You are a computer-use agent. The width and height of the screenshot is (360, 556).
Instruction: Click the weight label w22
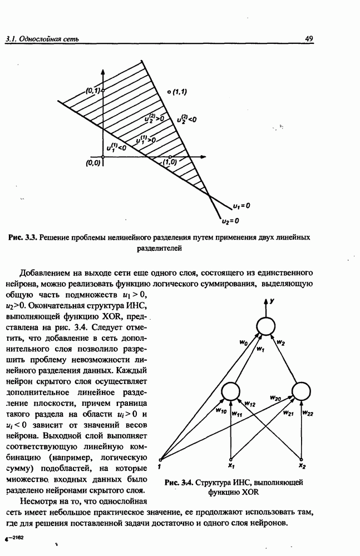click(x=309, y=413)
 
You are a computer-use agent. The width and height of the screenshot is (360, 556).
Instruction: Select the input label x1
click(x=230, y=465)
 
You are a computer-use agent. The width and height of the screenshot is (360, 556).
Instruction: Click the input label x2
click(x=302, y=465)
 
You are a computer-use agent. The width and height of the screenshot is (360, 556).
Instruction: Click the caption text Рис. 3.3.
click(x=22, y=237)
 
